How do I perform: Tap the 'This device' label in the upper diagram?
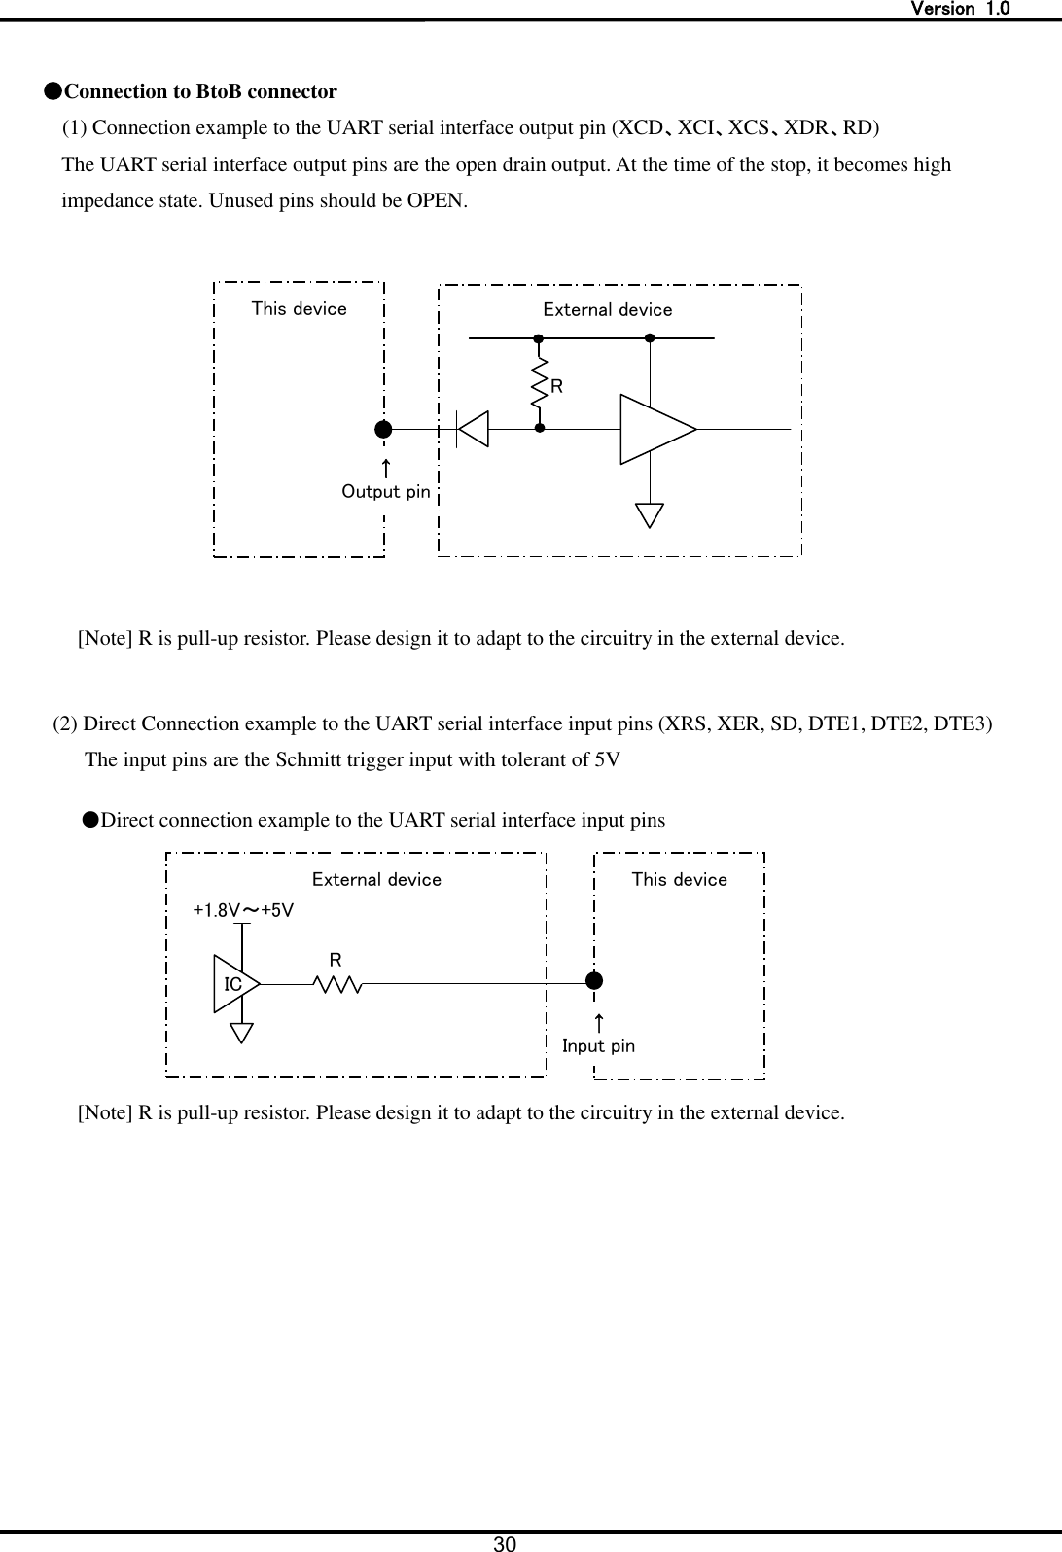pyautogui.click(x=299, y=309)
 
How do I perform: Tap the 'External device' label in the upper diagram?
pyautogui.click(x=607, y=310)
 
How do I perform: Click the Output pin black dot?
pyautogui.click(x=384, y=429)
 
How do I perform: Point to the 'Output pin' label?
pyautogui.click(x=385, y=492)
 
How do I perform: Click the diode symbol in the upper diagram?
pyautogui.click(x=473, y=429)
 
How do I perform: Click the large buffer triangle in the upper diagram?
pyautogui.click(x=654, y=429)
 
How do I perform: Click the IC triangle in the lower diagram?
pyautogui.click(x=234, y=984)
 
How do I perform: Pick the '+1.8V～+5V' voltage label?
pyautogui.click(x=243, y=911)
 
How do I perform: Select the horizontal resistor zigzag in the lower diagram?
pyautogui.click(x=337, y=985)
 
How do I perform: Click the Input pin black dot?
pyautogui.click(x=594, y=980)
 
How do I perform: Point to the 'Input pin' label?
pyautogui.click(x=598, y=1046)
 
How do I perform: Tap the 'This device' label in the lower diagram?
pyautogui.click(x=679, y=880)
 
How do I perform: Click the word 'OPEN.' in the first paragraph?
pyautogui.click(x=440, y=202)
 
